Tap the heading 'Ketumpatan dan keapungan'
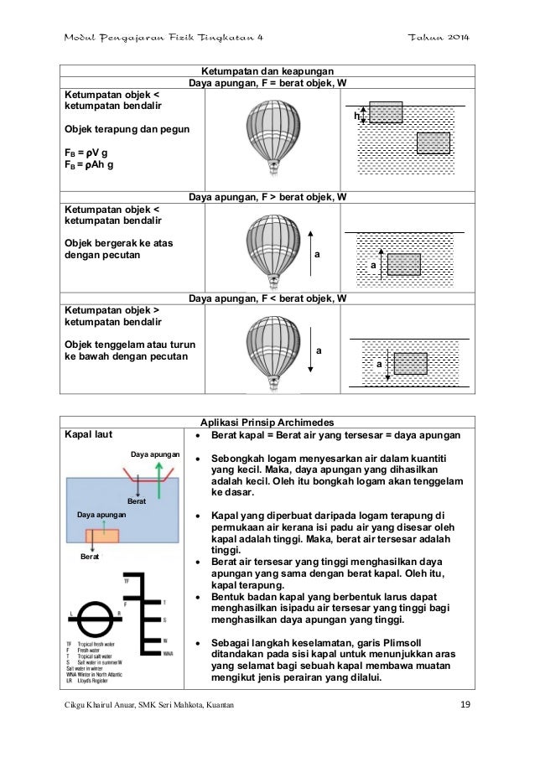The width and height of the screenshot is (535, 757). point(267,73)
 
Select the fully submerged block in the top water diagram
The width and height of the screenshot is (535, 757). point(433,143)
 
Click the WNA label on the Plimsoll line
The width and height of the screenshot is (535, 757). point(169,652)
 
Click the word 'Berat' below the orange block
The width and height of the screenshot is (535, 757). point(91,556)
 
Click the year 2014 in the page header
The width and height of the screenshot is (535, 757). point(454,39)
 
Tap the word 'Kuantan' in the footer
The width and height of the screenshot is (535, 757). point(210,703)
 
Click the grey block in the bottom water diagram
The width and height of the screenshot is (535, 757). point(411,363)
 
